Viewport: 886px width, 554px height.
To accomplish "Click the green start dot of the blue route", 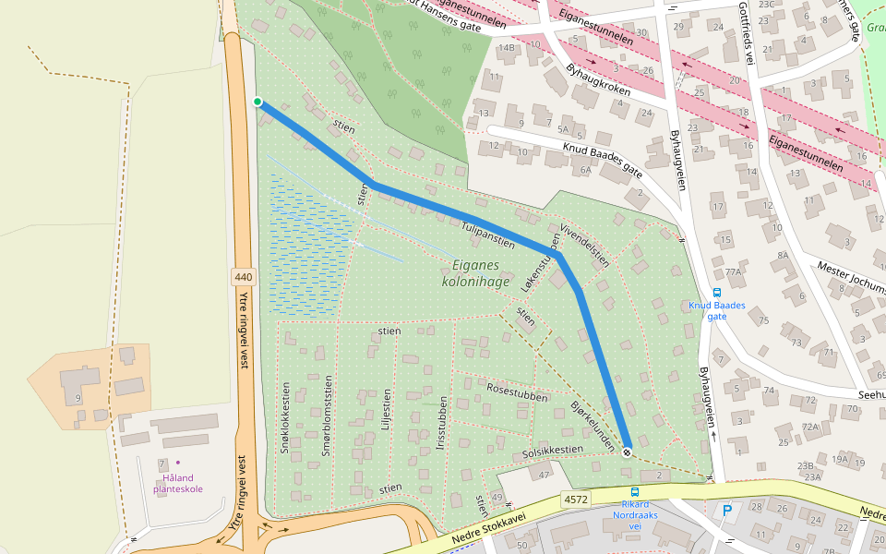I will tap(257, 102).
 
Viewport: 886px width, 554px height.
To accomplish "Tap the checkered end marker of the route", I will tap(627, 452).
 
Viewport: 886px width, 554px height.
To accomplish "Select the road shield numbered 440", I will tap(244, 277).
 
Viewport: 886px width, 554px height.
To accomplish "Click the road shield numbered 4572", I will tap(574, 500).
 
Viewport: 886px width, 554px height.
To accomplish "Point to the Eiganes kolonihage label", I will tap(476, 272).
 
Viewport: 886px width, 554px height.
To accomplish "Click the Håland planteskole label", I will tap(178, 483).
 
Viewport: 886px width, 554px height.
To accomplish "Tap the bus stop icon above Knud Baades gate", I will tap(717, 292).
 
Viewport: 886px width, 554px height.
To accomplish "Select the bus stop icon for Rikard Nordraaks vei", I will tap(634, 492).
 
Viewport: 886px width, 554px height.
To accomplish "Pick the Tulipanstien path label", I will tap(487, 231).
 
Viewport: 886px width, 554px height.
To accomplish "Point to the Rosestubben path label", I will tap(517, 391).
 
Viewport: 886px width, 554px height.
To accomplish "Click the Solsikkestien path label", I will tap(553, 452).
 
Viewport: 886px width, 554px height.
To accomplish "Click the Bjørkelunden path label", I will tap(593, 424).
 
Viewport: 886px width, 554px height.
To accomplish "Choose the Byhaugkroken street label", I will tap(598, 83).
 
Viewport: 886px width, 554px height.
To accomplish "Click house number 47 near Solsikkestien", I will tap(545, 475).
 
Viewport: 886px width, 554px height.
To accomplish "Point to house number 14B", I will tap(506, 48).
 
